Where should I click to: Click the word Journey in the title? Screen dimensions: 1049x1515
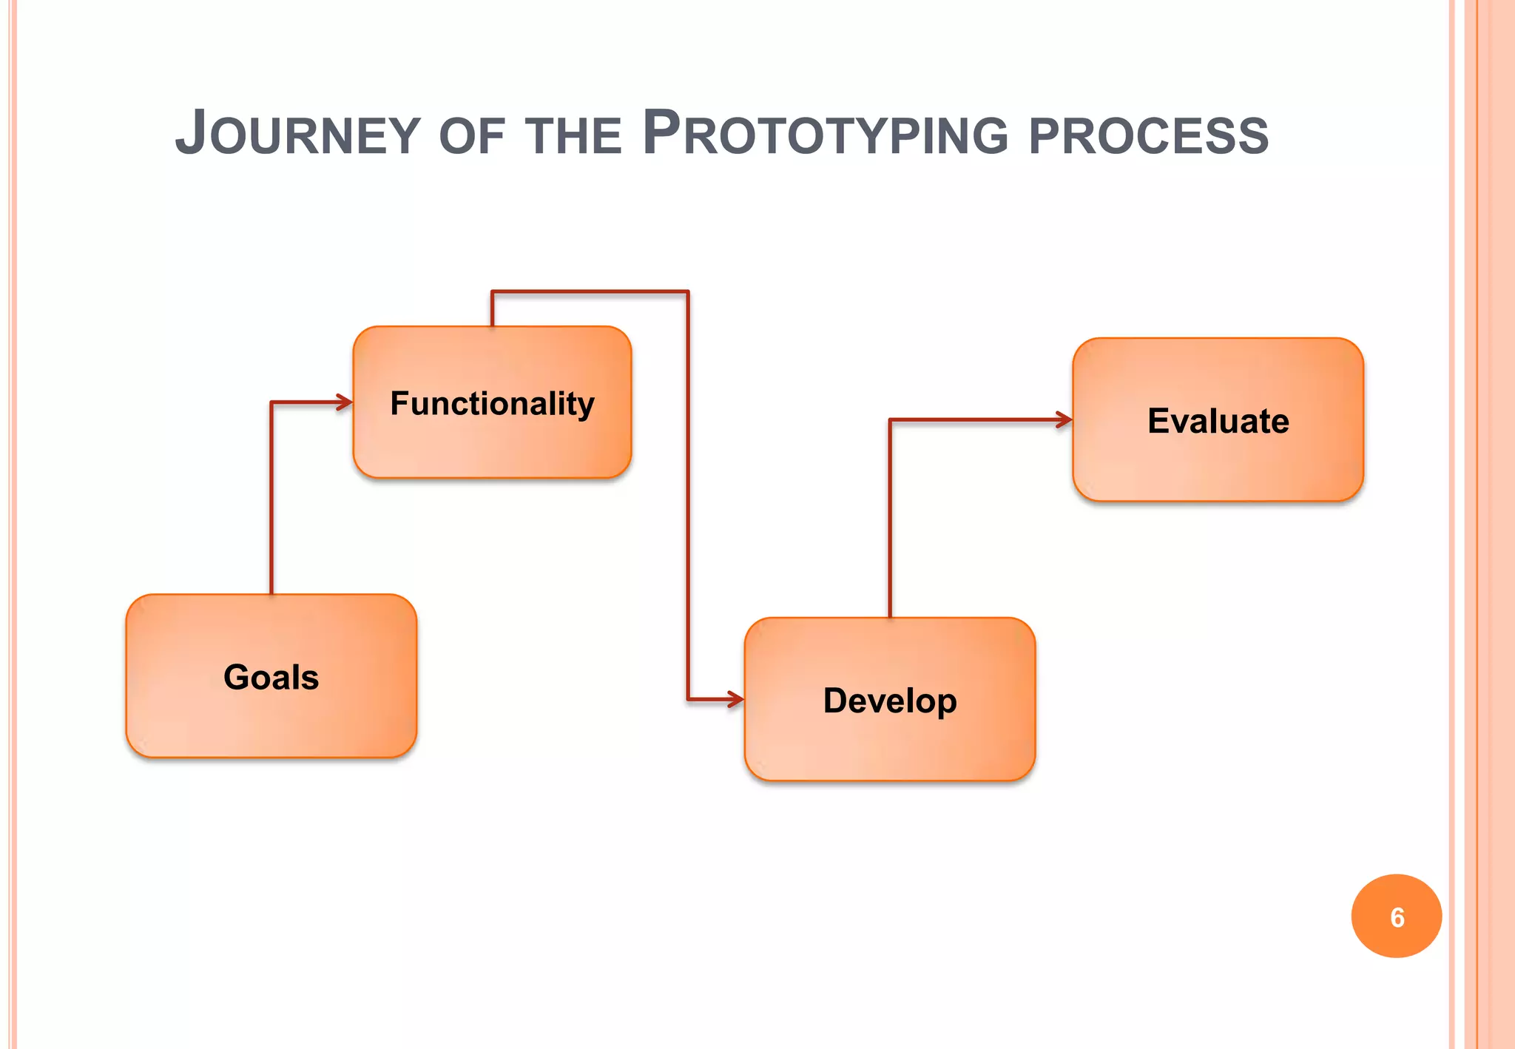pos(297,135)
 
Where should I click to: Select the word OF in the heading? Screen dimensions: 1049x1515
pos(471,138)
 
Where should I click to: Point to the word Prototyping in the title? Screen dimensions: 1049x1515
pos(825,135)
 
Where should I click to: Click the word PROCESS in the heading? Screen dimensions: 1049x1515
pos(1148,138)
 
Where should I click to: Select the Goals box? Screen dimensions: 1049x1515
pos(271,676)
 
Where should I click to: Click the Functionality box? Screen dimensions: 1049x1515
pos(492,402)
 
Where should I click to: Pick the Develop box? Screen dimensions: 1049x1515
pos(889,700)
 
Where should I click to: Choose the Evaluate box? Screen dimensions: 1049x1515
pos(1218,420)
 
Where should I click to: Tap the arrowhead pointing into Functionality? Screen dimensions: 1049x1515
pos(345,402)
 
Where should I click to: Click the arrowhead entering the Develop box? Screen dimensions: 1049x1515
pos(736,699)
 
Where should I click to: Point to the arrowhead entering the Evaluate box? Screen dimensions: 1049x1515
pos(1064,420)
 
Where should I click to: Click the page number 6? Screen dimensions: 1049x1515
pos(1397,917)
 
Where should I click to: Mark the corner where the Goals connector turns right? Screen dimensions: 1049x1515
pos(271,402)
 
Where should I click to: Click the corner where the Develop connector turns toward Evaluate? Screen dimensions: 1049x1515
pos(890,420)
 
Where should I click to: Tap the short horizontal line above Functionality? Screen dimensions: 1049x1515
pos(590,292)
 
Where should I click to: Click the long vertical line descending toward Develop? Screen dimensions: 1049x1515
pos(688,496)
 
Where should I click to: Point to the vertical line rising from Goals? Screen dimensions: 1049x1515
pos(271,503)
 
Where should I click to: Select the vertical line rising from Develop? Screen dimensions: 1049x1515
pos(890,518)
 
